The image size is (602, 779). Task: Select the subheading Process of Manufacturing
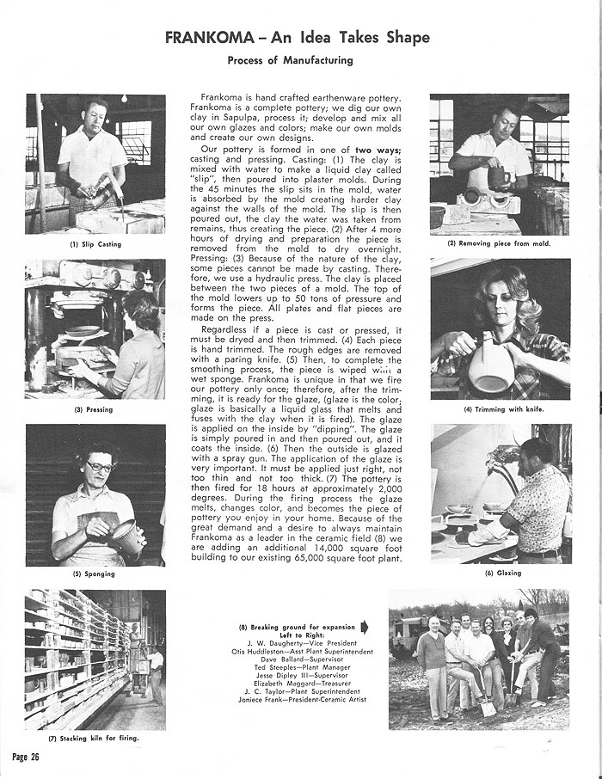tap(290, 61)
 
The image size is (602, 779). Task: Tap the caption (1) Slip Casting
tap(95, 244)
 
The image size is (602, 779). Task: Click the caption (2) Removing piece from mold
tap(499, 243)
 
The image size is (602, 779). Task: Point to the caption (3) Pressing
tap(95, 409)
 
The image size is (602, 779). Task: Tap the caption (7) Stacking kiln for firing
tap(92, 738)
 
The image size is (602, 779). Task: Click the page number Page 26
tap(27, 756)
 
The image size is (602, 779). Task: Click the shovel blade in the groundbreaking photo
tap(487, 708)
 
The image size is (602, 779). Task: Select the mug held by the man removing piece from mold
tap(498, 178)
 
